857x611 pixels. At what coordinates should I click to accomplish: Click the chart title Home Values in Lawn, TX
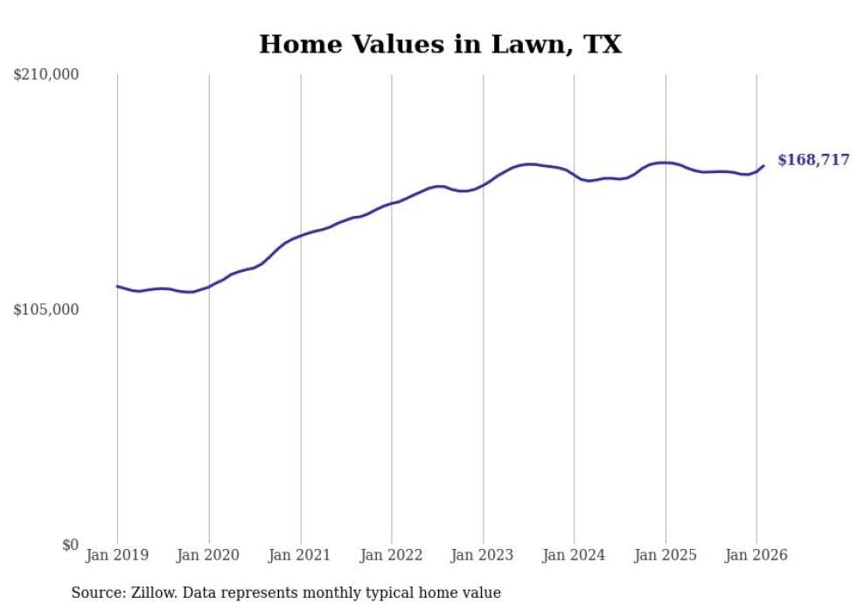pos(440,44)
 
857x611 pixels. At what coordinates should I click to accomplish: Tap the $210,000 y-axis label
pos(46,75)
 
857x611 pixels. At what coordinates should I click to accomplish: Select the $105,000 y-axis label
pos(46,310)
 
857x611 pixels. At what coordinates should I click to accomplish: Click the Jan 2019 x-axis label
pos(117,555)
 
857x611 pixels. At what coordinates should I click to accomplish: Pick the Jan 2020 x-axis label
pos(209,555)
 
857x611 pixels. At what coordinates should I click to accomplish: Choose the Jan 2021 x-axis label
pos(300,555)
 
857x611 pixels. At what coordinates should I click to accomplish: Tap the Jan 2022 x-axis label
pos(392,555)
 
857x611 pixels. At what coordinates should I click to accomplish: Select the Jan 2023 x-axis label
pos(483,555)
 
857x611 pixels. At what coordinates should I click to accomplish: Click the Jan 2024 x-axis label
pos(574,555)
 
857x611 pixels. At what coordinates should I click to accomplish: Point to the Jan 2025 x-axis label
pos(665,555)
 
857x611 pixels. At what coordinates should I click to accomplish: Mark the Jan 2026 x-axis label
pos(756,555)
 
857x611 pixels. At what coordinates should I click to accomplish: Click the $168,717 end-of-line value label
pos(813,160)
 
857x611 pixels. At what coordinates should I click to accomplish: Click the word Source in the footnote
pos(95,593)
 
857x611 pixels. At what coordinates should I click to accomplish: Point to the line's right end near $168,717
pos(763,165)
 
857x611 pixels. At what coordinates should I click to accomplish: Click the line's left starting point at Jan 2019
pos(117,286)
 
